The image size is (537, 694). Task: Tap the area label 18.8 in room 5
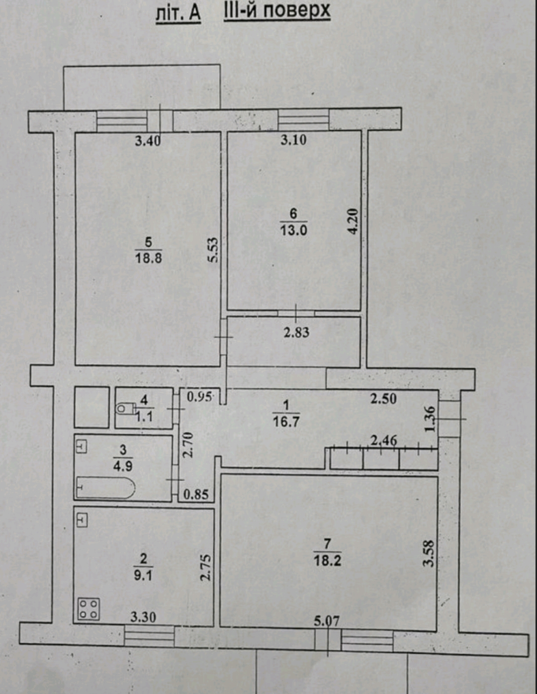(x=148, y=258)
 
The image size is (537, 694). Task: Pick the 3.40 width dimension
(x=148, y=141)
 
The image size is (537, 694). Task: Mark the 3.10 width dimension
(x=293, y=140)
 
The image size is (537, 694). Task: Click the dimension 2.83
(x=297, y=333)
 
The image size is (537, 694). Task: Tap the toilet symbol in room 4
(x=125, y=409)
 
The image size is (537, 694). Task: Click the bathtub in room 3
(x=105, y=487)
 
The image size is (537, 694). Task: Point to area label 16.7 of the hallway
(x=286, y=422)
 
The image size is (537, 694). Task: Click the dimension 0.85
(x=196, y=495)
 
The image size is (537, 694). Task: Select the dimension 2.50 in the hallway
(x=383, y=399)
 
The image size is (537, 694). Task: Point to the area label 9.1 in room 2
(x=143, y=577)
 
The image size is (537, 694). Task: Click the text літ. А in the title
(x=179, y=13)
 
